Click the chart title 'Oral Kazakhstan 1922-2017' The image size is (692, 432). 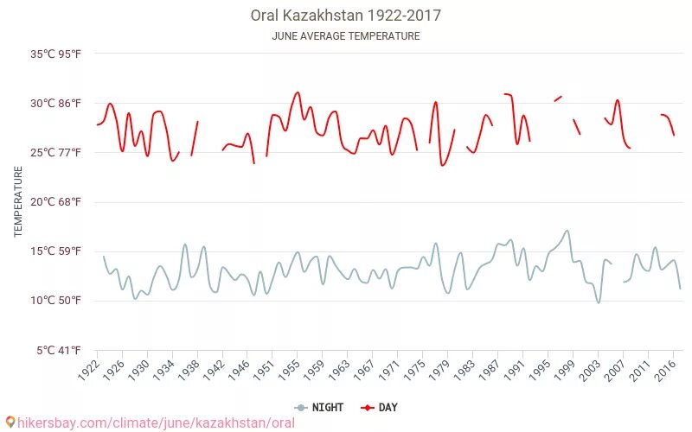point(345,16)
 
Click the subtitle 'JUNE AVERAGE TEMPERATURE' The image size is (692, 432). point(345,36)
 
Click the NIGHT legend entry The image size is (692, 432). point(319,407)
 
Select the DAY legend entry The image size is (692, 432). point(379,407)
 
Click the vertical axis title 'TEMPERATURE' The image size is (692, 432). point(17,202)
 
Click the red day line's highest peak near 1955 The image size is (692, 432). point(298,92)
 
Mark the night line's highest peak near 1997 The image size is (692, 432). point(567,231)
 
